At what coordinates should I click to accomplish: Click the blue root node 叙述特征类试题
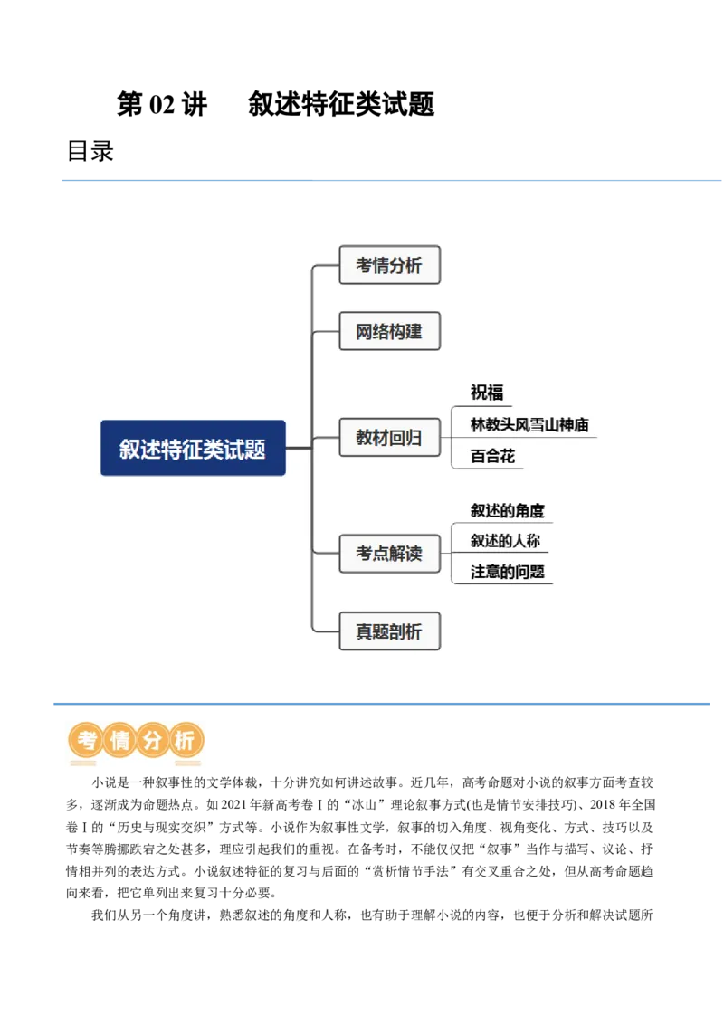tap(193, 448)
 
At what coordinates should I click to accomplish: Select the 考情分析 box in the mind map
tap(389, 265)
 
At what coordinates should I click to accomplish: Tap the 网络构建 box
tap(389, 331)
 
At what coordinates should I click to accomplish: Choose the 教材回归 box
tap(389, 438)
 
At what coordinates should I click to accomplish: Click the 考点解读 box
tap(389, 553)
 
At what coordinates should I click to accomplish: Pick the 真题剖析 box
tap(389, 631)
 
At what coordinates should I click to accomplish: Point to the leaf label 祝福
tap(487, 393)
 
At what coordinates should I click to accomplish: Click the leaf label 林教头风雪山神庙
tap(530, 424)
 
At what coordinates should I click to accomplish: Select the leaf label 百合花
tap(493, 456)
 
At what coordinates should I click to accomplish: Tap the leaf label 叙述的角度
tap(508, 511)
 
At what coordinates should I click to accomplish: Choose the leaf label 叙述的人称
tap(506, 541)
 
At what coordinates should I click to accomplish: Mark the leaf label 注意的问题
tap(508, 572)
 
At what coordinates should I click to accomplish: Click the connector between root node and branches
tap(300, 448)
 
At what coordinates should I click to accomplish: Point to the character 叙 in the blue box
tap(129, 449)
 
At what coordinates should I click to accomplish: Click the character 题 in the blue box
tap(256, 449)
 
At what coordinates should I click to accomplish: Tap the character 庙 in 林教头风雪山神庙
tap(582, 424)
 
